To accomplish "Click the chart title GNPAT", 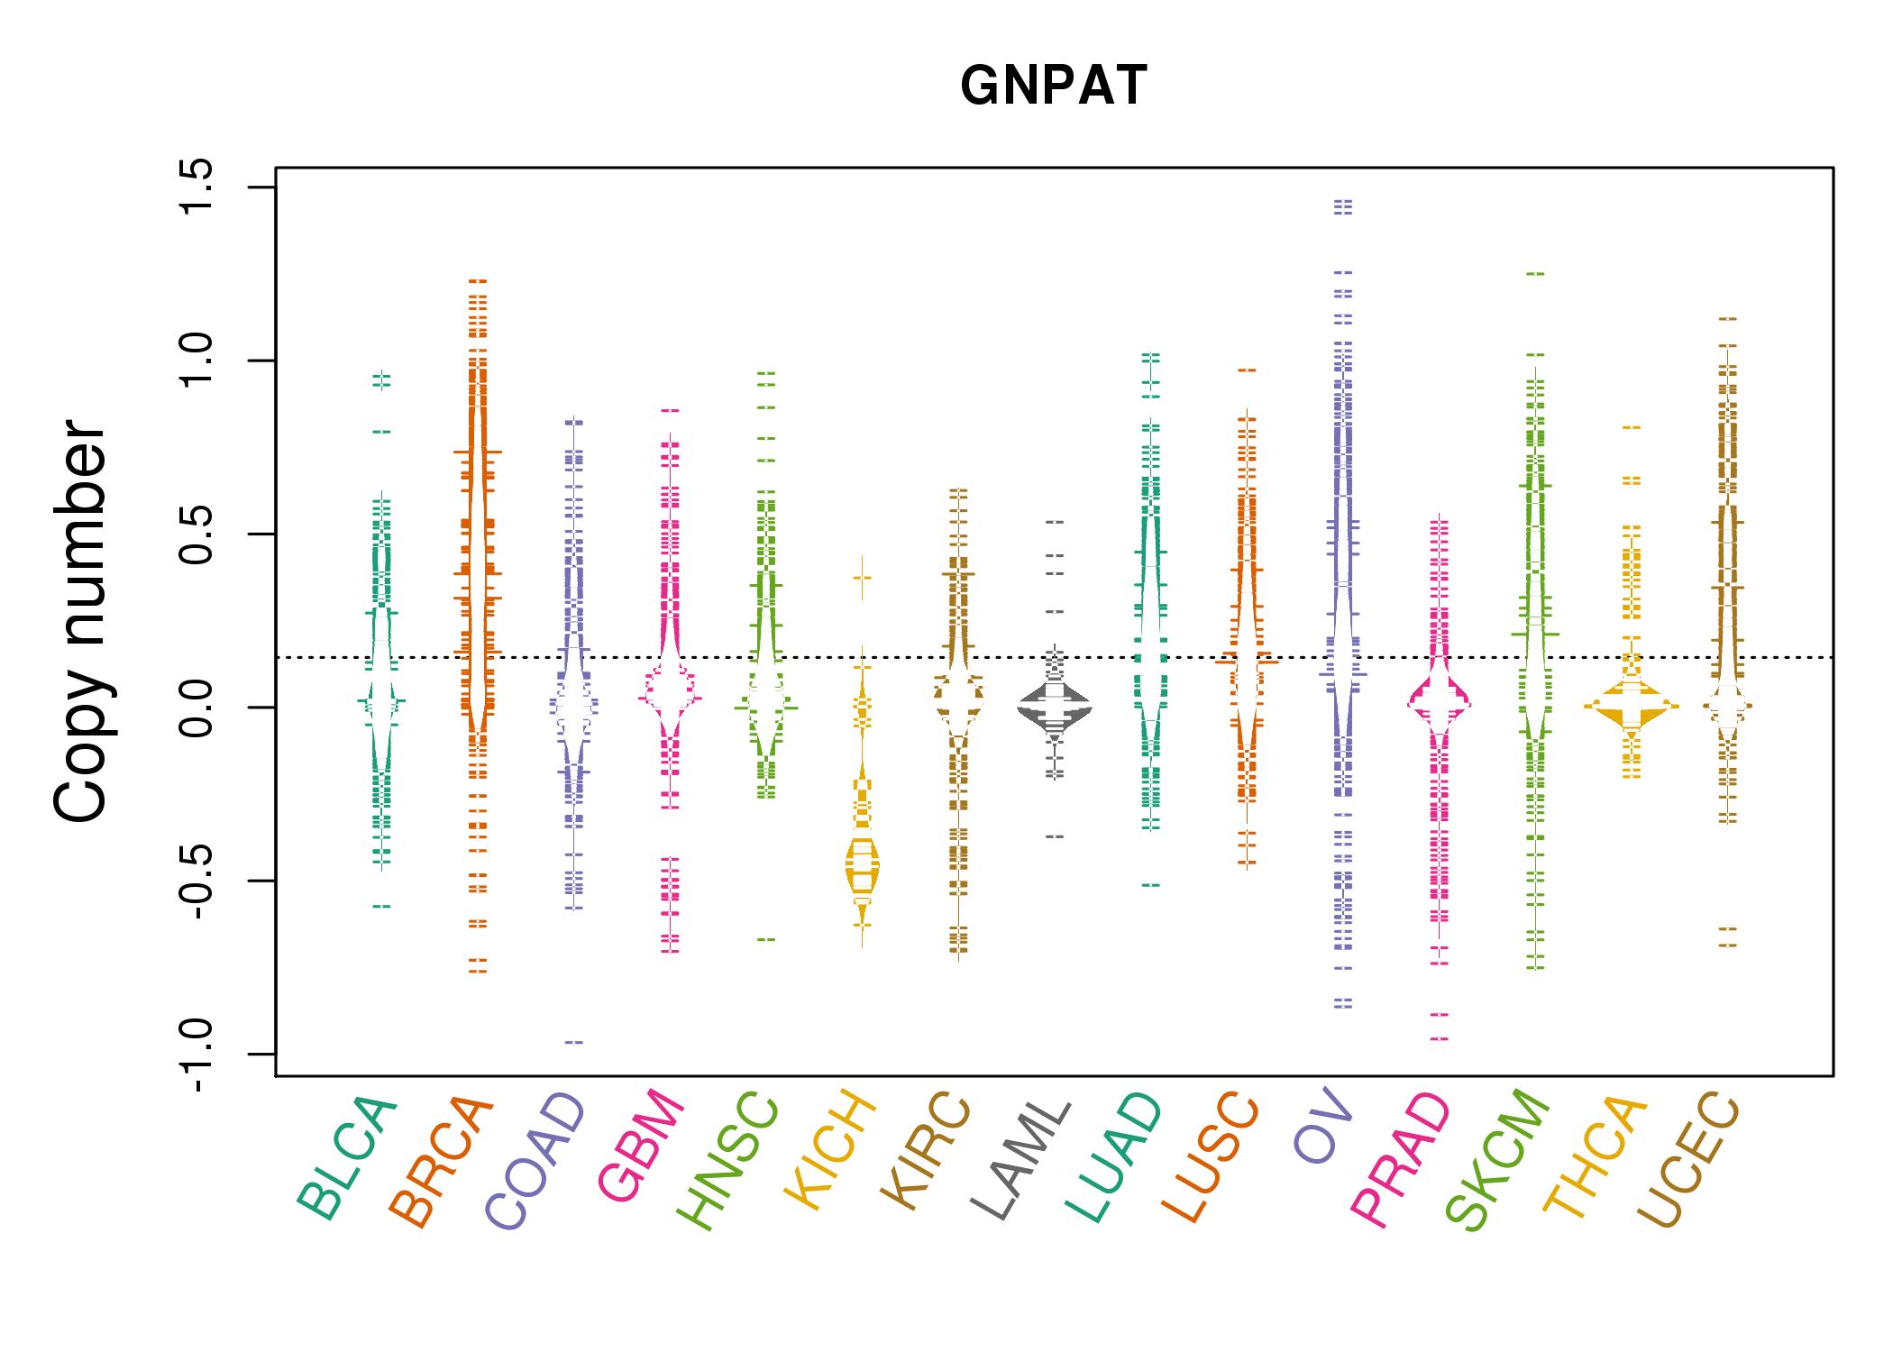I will click(x=1053, y=86).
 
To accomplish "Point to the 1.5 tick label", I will click(x=196, y=187).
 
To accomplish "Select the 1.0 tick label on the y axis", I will click(x=196, y=361).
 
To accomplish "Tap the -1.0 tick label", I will click(x=196, y=1055).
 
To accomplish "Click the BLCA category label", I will click(x=348, y=1158).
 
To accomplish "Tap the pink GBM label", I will click(x=641, y=1145).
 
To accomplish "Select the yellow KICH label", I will click(x=830, y=1149).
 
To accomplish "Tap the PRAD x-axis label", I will click(x=1401, y=1158).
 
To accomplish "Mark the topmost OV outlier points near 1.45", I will click(x=1343, y=207).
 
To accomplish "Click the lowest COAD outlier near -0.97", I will click(x=574, y=1042).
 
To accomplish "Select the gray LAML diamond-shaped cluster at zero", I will click(x=1055, y=708).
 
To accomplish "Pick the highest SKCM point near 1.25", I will click(x=1535, y=273).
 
